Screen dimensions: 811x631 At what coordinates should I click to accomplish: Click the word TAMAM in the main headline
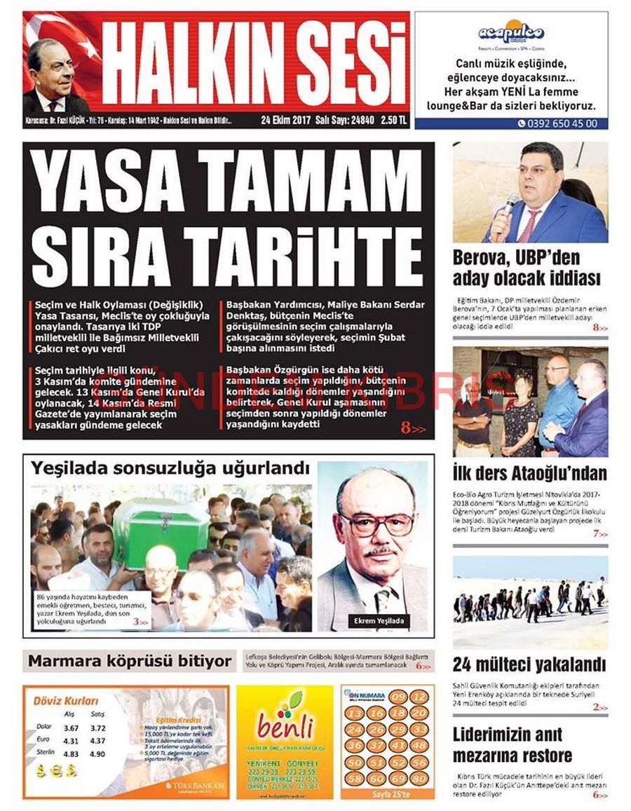tap(309, 186)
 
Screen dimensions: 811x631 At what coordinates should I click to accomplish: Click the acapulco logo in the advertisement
tap(511, 32)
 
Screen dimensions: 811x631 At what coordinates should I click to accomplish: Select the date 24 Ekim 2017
tap(285, 120)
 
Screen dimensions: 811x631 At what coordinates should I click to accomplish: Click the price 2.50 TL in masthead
tap(394, 120)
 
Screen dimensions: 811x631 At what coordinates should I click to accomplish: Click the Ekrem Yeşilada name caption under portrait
tap(379, 621)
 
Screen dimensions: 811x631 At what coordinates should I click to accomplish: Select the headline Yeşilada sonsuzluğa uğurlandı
tap(170, 468)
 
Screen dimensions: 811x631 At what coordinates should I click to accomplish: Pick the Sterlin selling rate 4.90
tap(97, 754)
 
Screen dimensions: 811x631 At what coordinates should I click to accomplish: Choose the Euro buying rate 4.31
tap(70, 741)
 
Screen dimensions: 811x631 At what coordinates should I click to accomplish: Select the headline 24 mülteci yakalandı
tap(529, 665)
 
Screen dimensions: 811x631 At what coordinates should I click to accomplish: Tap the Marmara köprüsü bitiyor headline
tap(130, 661)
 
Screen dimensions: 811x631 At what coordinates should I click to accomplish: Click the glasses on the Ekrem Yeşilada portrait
tap(376, 522)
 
